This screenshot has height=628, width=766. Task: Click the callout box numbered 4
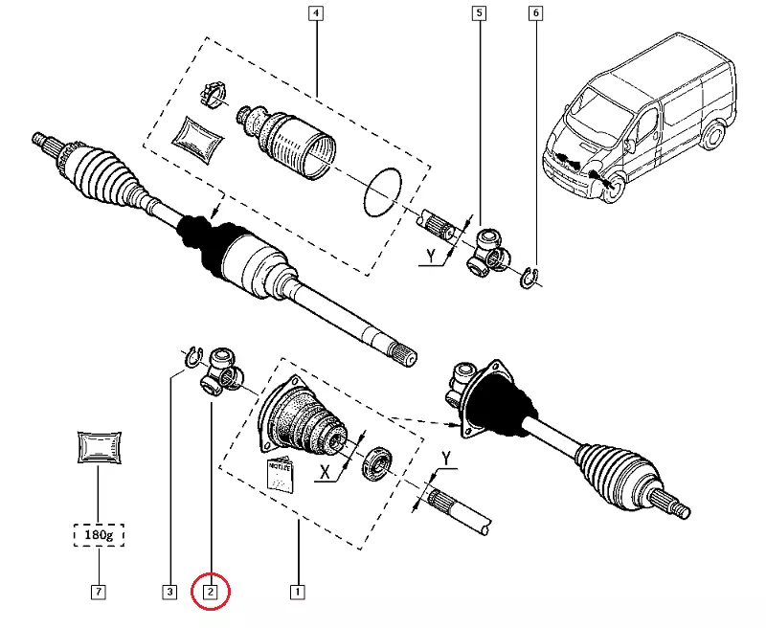(316, 13)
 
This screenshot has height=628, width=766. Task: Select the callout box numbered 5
(479, 13)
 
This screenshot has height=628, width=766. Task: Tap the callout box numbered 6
(534, 13)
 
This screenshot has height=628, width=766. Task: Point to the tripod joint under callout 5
(487, 250)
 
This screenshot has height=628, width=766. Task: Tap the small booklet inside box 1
(281, 472)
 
